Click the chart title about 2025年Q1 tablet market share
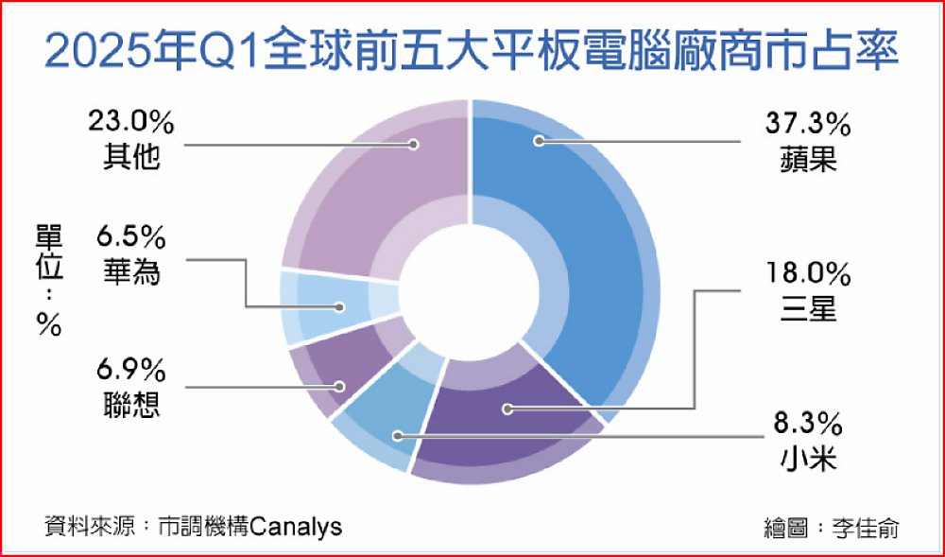point(472,52)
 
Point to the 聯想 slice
point(337,374)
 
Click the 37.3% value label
point(808,125)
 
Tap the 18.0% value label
point(808,275)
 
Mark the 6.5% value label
point(130,238)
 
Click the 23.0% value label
point(130,122)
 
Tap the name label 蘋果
point(808,160)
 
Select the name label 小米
point(808,460)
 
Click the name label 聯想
point(130,405)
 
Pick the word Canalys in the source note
point(295,526)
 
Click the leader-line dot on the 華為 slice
point(340,307)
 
